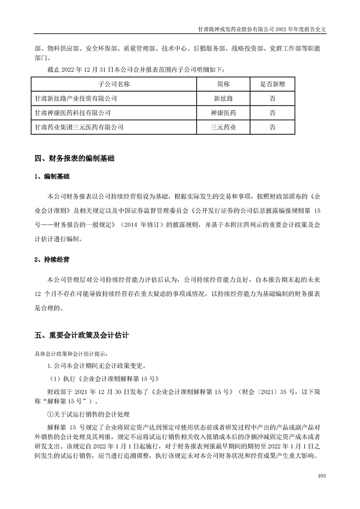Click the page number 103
tap(322, 475)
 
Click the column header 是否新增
tap(272, 84)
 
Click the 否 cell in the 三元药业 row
tap(272, 127)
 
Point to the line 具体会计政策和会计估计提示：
tap(71, 353)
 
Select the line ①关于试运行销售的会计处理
tap(89, 414)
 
